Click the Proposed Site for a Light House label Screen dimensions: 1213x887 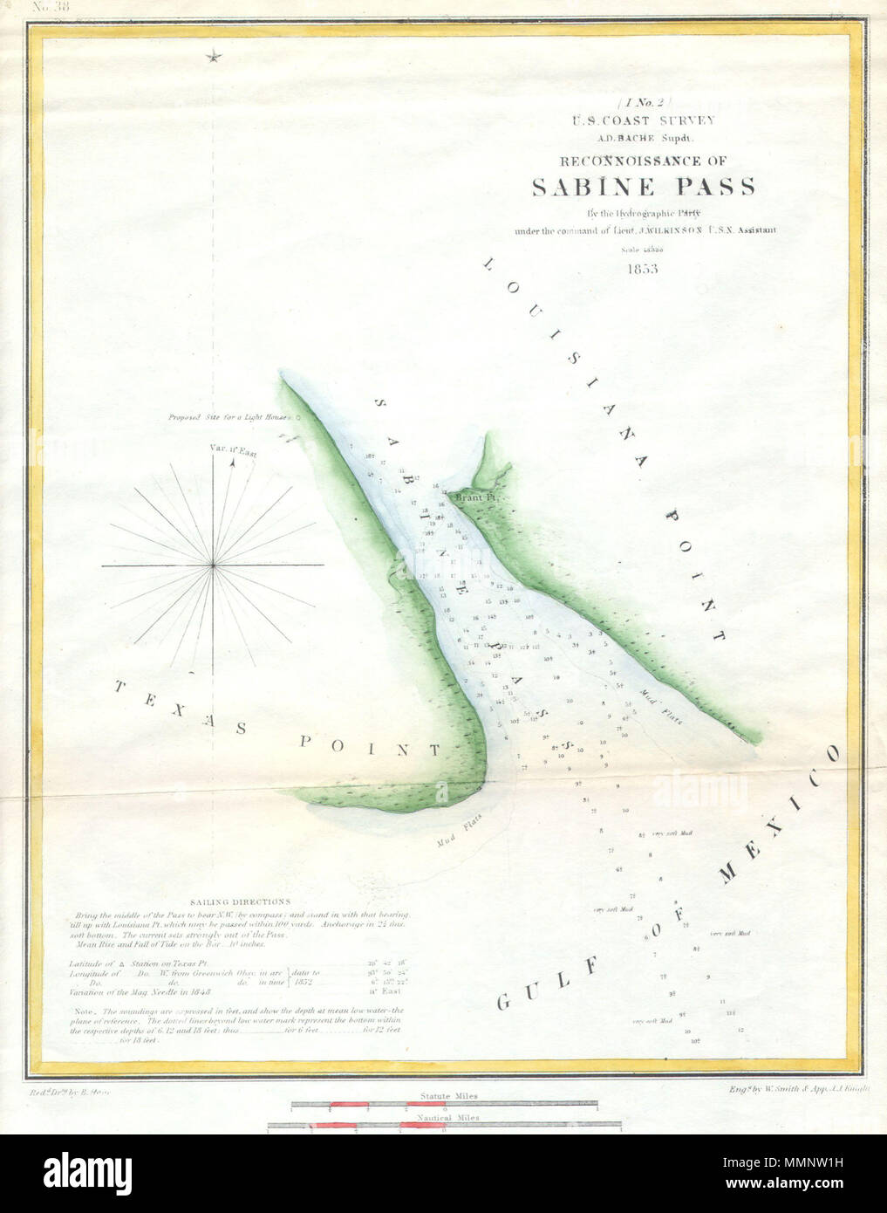(230, 417)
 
